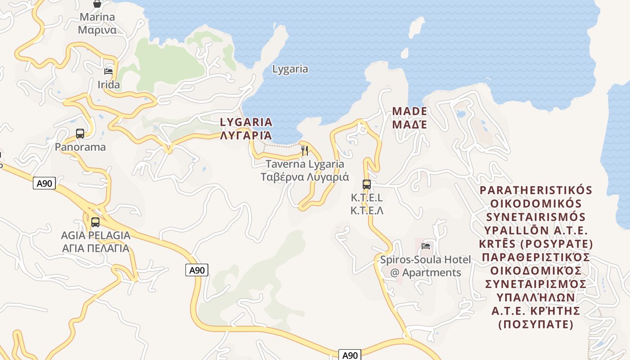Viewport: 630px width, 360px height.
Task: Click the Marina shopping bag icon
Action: pos(97,4)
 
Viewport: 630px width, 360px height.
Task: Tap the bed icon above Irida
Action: pos(108,71)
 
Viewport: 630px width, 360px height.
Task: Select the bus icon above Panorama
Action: pos(80,133)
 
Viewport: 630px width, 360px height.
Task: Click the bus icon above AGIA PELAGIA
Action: pos(95,222)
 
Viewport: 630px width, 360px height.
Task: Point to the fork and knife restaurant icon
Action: pos(305,150)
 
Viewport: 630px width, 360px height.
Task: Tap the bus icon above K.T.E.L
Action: pos(367,184)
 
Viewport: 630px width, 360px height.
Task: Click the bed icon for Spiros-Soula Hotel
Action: pos(426,246)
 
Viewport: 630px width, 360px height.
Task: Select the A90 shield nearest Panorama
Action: pos(44,183)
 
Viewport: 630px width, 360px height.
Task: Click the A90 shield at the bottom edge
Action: pos(350,355)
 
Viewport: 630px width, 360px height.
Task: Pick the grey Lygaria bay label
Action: pos(290,69)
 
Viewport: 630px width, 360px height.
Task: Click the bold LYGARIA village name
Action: pos(246,122)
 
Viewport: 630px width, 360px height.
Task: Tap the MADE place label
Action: pos(409,111)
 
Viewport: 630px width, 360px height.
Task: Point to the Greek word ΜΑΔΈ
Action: pos(409,124)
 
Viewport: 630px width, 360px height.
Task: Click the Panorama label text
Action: pos(80,147)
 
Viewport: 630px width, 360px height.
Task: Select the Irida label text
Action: pos(109,85)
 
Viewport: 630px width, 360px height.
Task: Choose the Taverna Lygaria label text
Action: pos(305,164)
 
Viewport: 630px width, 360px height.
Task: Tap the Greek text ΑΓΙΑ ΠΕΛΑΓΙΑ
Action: pos(95,248)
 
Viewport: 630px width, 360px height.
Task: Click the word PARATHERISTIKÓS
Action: pos(536,190)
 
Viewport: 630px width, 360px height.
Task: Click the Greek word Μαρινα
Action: pos(97,30)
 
